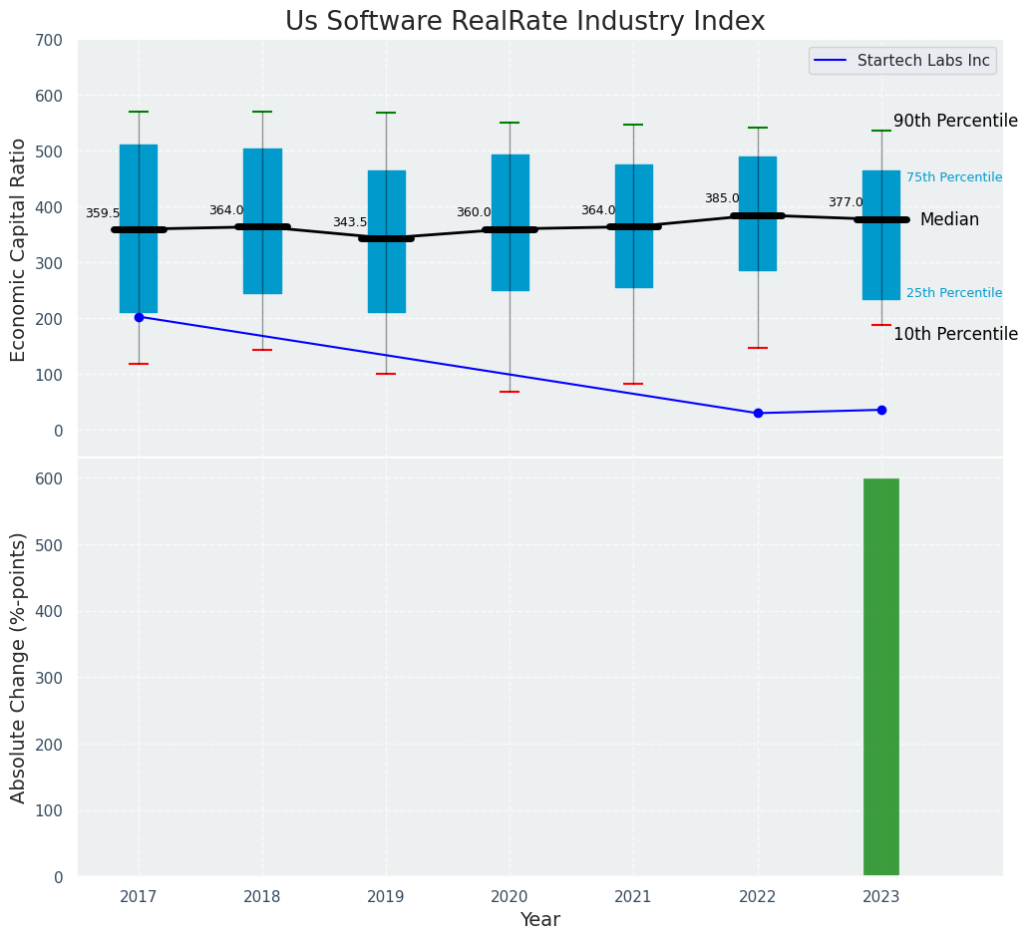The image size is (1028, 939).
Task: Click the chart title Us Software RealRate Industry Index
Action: [524, 22]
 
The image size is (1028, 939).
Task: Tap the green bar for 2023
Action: [881, 677]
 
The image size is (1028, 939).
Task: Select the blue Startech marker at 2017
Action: [139, 317]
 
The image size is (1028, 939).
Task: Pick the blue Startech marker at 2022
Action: [758, 413]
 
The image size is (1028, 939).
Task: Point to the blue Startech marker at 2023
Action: [881, 410]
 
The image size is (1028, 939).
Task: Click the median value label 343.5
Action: [350, 223]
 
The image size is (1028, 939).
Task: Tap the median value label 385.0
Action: [722, 199]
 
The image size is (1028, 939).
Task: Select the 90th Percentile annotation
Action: [955, 122]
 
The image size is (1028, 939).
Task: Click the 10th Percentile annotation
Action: [955, 335]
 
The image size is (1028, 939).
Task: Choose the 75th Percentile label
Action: [954, 177]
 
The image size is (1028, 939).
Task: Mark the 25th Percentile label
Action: [954, 293]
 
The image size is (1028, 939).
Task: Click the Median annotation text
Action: [949, 220]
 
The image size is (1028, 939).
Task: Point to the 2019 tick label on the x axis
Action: [386, 897]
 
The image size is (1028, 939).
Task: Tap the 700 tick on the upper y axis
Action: [49, 41]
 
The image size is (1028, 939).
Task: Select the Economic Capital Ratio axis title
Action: [19, 248]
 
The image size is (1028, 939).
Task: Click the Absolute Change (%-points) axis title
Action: [19, 667]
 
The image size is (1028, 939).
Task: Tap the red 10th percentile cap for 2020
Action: [510, 392]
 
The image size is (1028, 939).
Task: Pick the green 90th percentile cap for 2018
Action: [262, 112]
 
